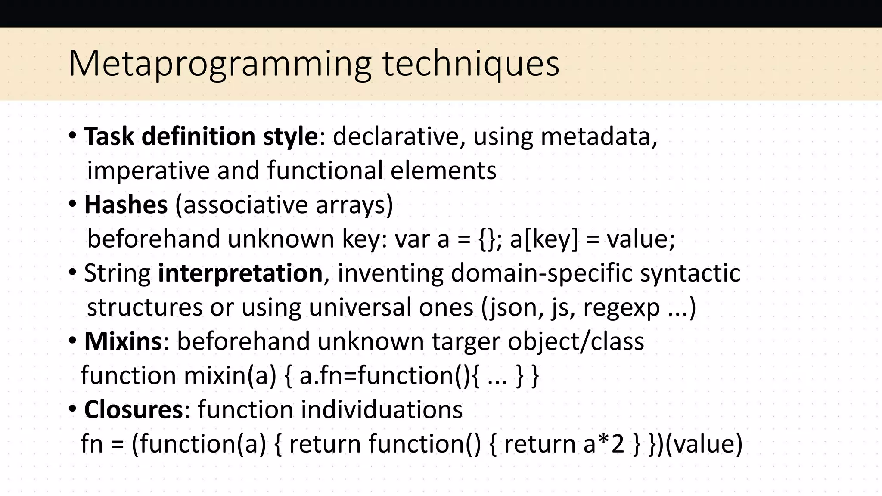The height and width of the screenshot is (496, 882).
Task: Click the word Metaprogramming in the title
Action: point(220,64)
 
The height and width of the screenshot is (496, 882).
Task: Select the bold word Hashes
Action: point(126,205)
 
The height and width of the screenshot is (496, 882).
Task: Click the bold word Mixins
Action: point(123,341)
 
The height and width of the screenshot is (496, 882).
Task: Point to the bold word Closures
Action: point(134,409)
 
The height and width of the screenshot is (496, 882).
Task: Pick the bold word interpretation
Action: point(240,273)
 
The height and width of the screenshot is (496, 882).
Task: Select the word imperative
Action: point(148,170)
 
